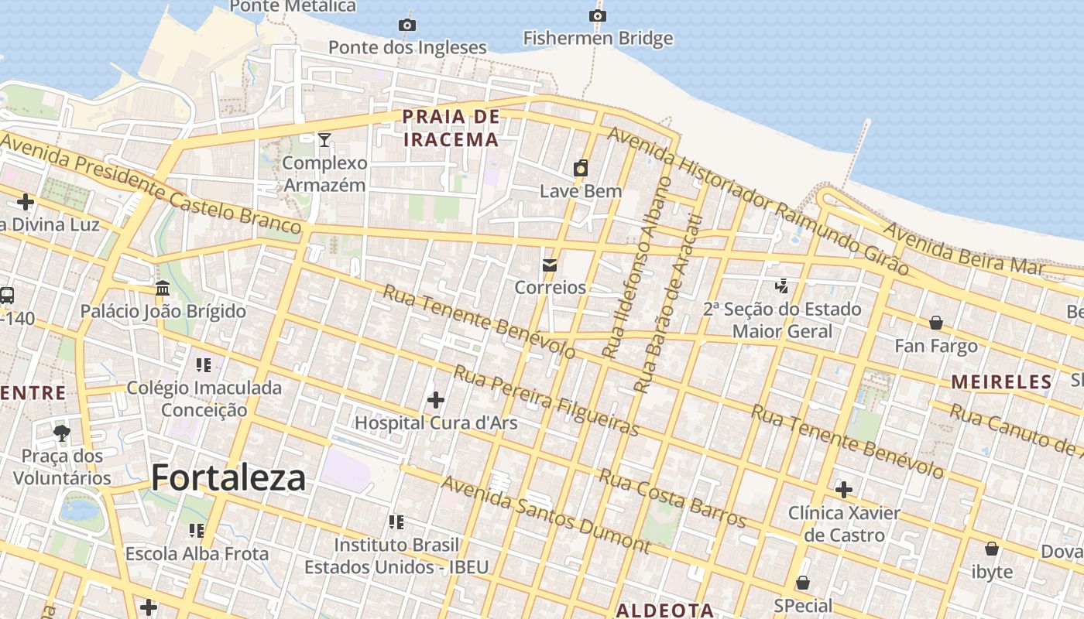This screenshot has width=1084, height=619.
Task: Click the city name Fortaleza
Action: (x=228, y=477)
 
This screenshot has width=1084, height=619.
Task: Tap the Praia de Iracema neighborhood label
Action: (x=451, y=128)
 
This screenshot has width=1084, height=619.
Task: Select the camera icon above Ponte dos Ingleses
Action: (x=406, y=25)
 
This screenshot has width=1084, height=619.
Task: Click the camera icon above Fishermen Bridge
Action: (x=597, y=15)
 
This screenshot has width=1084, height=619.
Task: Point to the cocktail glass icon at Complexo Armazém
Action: (x=324, y=139)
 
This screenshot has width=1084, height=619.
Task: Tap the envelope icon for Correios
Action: (x=550, y=265)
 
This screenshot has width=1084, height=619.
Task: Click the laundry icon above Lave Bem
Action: (x=581, y=168)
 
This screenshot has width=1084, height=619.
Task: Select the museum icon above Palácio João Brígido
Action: (x=163, y=288)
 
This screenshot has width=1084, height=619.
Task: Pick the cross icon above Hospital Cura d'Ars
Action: (x=436, y=399)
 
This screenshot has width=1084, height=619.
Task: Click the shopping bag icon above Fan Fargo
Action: (x=936, y=322)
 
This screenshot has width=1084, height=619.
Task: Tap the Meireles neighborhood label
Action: (x=1001, y=381)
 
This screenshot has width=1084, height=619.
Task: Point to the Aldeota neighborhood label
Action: (x=664, y=610)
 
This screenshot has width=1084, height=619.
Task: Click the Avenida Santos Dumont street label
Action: (x=546, y=515)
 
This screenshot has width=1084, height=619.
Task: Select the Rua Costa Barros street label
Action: (x=672, y=498)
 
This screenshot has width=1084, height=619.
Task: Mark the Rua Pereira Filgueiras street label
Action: (x=546, y=401)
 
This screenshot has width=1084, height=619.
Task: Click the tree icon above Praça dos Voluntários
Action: (x=62, y=433)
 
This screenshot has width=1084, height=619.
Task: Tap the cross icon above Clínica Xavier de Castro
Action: (x=844, y=490)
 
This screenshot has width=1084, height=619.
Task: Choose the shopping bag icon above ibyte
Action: (x=991, y=549)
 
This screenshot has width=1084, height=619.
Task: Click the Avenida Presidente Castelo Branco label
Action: (x=151, y=183)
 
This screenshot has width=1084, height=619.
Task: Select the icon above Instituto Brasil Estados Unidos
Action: (x=396, y=522)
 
